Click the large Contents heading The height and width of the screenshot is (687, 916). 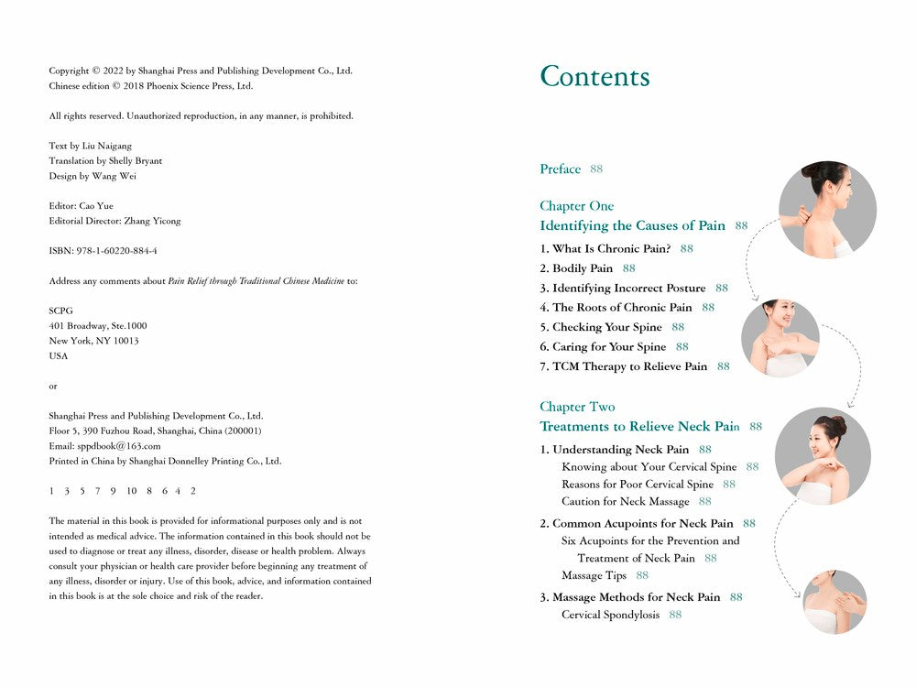[x=594, y=77]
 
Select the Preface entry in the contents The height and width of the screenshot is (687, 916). [x=560, y=169]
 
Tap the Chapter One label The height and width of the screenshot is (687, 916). [x=576, y=206]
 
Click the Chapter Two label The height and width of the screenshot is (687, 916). [x=577, y=407]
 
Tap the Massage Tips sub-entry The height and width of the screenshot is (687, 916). [x=594, y=575]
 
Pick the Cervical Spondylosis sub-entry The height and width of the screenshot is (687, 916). [x=610, y=615]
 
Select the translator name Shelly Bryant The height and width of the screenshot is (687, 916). [x=135, y=161]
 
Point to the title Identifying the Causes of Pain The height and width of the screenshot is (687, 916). [x=632, y=226]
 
